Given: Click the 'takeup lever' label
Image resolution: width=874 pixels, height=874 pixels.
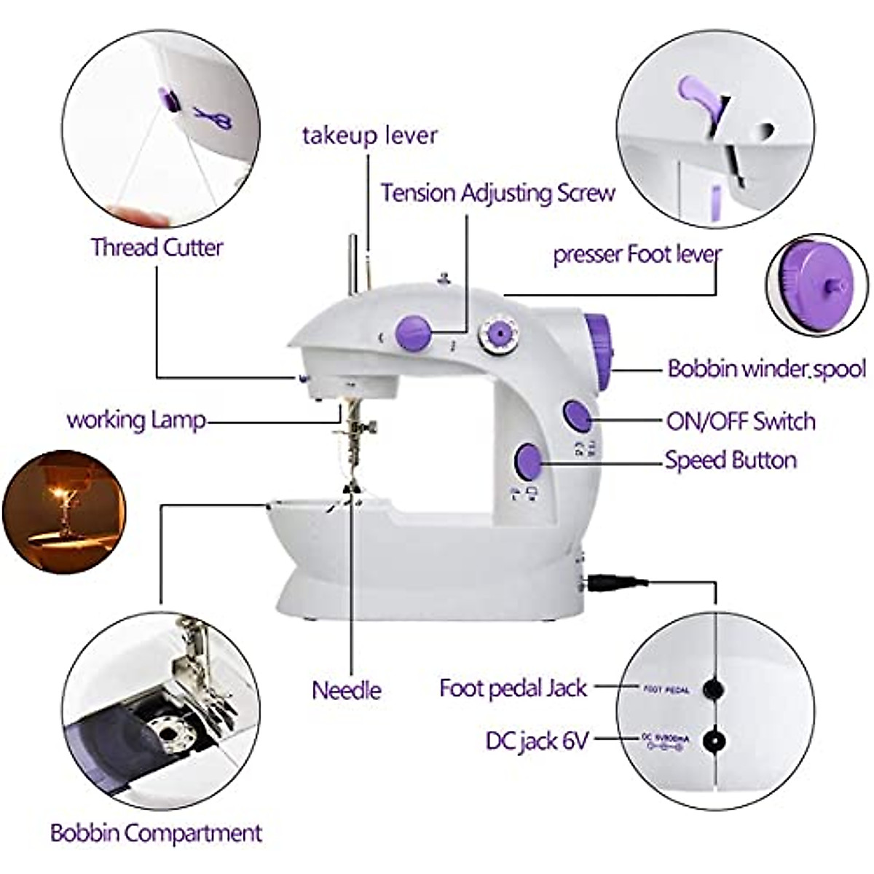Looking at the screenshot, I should pos(370,135).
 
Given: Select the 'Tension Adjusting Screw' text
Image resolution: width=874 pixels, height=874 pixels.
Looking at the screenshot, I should pos(498,193).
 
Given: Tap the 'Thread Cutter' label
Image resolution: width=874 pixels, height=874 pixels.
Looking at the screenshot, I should pos(157,247).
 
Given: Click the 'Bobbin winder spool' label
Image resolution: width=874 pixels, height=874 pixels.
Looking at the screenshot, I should pos(766,369).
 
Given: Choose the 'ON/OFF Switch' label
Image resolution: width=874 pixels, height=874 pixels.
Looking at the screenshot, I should pos(741,421).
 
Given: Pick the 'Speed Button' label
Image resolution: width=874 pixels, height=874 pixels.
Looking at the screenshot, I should pos(731,460).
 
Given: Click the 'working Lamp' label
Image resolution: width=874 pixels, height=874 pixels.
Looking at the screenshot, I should pos(136,420).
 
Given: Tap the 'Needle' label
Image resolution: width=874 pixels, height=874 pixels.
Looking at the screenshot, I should pos(347,690).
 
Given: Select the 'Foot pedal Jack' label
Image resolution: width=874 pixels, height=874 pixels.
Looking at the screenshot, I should pos(513,688).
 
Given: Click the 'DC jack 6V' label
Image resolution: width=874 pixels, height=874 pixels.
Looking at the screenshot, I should pos(537,741).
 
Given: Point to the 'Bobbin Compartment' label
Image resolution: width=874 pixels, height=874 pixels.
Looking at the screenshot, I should pos(156,833).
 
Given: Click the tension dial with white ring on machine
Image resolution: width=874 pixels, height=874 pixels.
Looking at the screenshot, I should pos(498,334).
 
